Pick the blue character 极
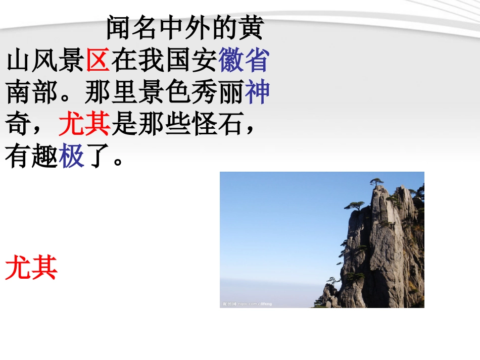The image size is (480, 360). coord(71,156)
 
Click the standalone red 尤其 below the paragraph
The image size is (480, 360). coord(31,268)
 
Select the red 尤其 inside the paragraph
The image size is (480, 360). coord(84,124)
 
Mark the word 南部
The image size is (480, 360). coord(32,92)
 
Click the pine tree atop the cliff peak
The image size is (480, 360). coord(376,181)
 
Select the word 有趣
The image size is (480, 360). coord(31,156)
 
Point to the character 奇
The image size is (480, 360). coord(19,124)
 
